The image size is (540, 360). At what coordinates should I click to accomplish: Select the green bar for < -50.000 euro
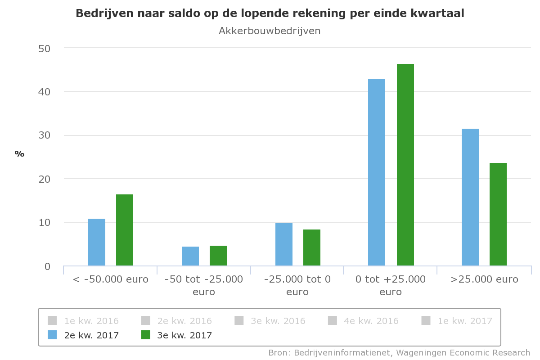(x=125, y=230)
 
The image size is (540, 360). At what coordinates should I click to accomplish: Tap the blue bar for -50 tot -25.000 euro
(x=190, y=256)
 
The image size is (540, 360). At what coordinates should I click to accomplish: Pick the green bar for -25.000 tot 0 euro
(x=312, y=247)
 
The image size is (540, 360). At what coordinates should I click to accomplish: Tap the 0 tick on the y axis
(x=47, y=266)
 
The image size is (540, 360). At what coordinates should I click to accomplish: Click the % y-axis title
(x=19, y=154)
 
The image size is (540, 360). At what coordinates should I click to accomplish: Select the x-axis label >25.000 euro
(x=484, y=279)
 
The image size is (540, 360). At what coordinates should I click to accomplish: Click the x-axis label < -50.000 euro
(x=111, y=279)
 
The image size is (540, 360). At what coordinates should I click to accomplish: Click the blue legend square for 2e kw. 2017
(x=53, y=335)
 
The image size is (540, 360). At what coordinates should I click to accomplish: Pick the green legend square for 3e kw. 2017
(x=146, y=335)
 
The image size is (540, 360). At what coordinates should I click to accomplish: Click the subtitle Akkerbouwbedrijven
(x=270, y=31)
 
